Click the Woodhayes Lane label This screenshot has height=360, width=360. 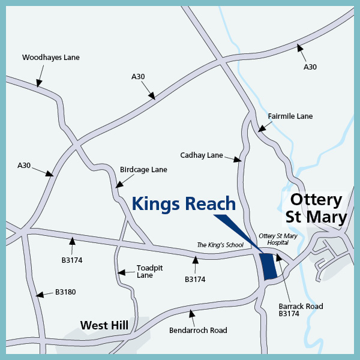pyautogui.click(x=50, y=58)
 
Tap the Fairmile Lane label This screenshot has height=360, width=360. pyautogui.click(x=290, y=116)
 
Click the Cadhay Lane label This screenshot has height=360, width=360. pyautogui.click(x=202, y=155)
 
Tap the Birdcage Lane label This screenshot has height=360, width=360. pyautogui.click(x=143, y=170)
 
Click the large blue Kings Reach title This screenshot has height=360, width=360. pyautogui.click(x=184, y=203)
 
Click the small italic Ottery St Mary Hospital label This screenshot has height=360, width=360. pyautogui.click(x=278, y=239)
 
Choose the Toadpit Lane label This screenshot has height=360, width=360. pyautogui.click(x=145, y=272)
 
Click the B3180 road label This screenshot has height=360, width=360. pyautogui.click(x=65, y=292)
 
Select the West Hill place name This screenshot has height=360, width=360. pyautogui.click(x=104, y=325)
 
